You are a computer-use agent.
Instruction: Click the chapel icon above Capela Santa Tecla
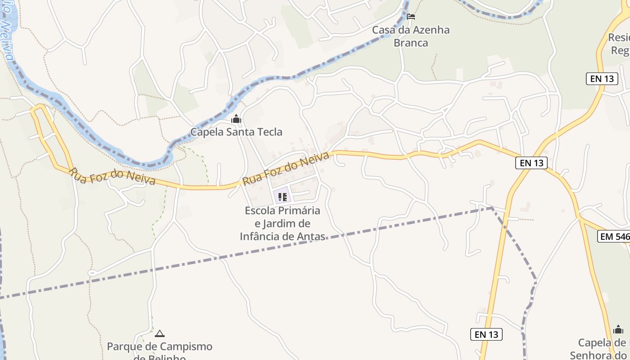tap(236, 119)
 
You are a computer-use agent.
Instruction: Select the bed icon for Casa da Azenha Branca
tap(410, 17)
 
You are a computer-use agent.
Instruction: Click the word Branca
tap(410, 43)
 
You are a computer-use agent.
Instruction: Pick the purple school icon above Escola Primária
tap(282, 197)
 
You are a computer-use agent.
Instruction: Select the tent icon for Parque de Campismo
tap(159, 333)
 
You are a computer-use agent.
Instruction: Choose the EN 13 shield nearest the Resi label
tap(602, 79)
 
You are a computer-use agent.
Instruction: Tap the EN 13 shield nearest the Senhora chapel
tap(486, 334)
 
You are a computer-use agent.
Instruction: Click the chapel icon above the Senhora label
tap(618, 329)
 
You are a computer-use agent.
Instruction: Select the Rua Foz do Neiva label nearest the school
tap(286, 169)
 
